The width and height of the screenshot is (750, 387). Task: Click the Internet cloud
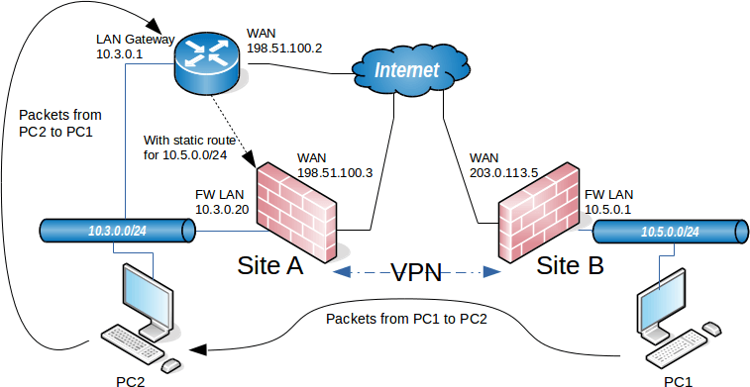408,70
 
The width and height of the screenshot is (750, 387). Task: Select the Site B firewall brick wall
536,213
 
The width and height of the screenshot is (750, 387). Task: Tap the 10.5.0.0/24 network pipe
669,231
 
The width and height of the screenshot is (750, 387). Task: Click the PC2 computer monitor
150,293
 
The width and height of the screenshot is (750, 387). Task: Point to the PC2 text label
133,378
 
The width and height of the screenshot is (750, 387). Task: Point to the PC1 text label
680,378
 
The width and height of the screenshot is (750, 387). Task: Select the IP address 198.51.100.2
285,48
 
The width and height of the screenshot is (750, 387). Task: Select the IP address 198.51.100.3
336,172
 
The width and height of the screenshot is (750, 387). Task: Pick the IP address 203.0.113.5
503,172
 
